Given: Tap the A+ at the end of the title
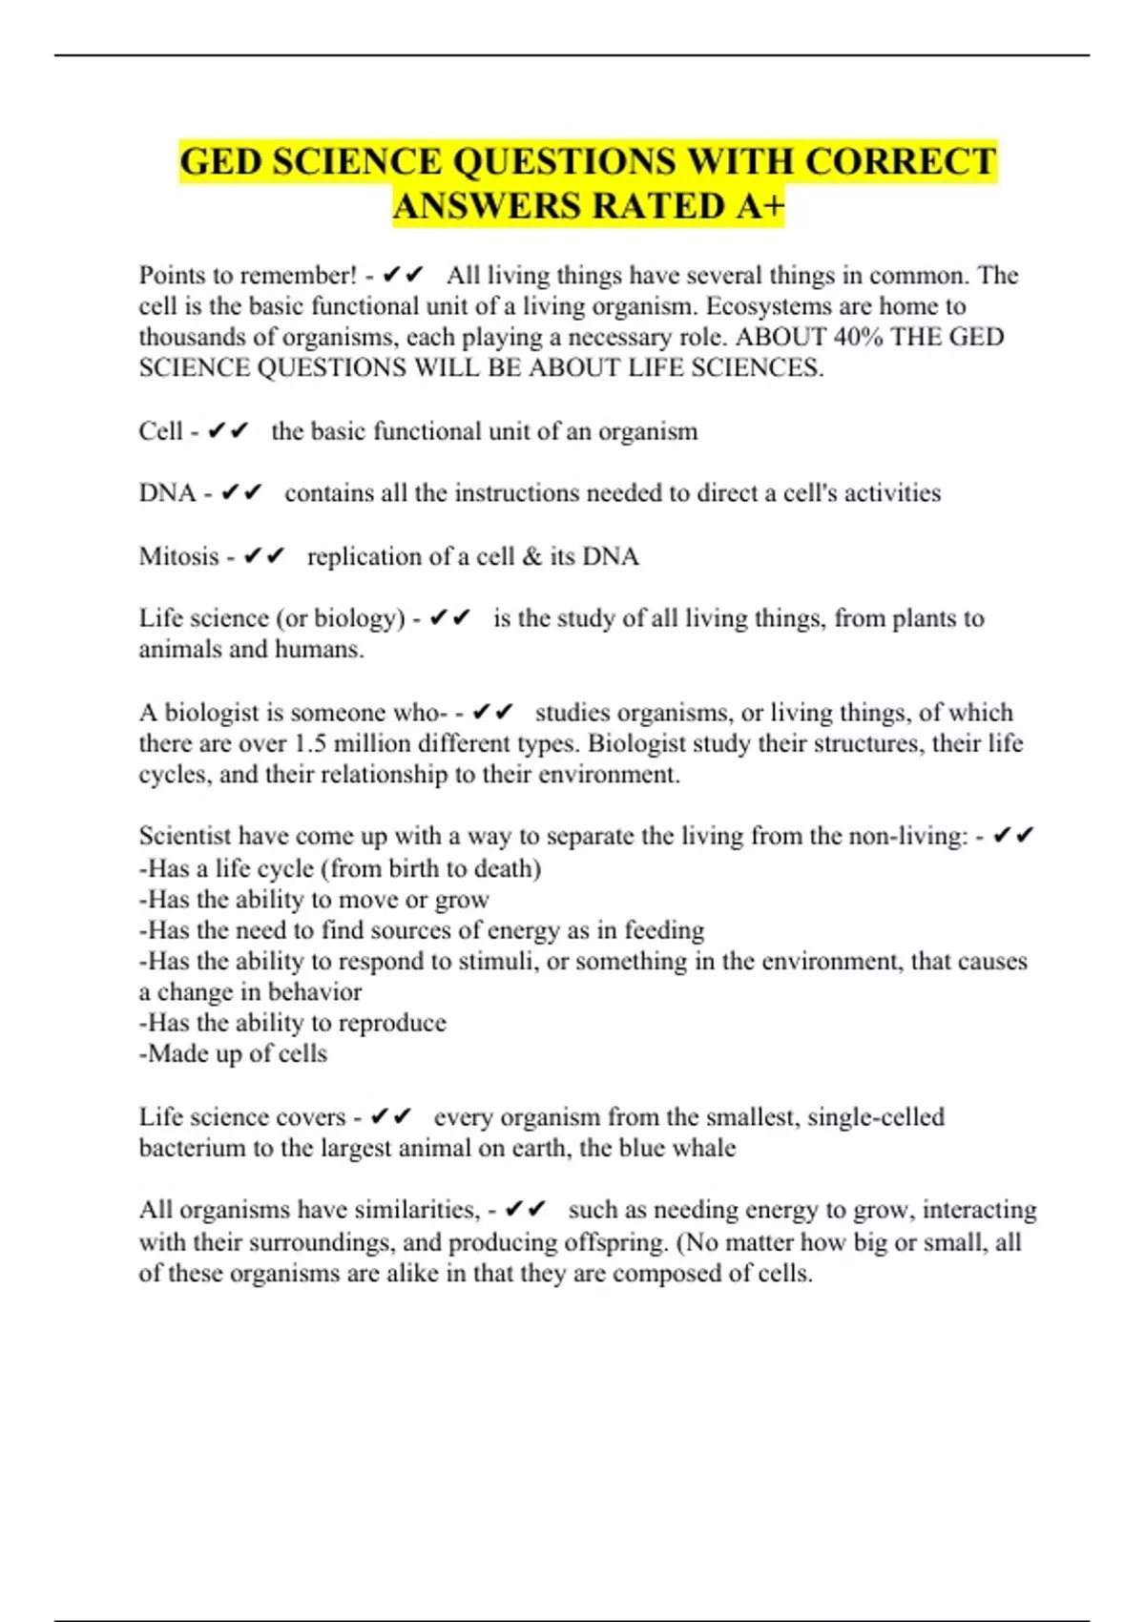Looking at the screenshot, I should (x=760, y=206).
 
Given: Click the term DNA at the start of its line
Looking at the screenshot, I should (x=167, y=493).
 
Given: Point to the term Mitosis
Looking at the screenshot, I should (x=178, y=556).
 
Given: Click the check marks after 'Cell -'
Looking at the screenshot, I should (x=228, y=431).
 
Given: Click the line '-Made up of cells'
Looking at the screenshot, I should (x=233, y=1053).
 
